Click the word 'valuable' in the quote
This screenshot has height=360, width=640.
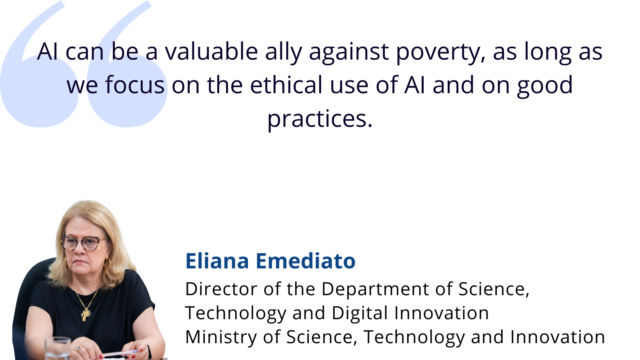point(212,52)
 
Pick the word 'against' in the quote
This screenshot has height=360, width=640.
point(349,53)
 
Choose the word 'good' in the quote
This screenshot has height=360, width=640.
point(545,86)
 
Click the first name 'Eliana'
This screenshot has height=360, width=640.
point(217,261)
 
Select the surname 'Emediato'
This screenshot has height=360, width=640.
point(306,261)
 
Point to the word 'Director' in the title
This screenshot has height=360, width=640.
point(221,289)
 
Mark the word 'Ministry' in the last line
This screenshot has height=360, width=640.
point(221,338)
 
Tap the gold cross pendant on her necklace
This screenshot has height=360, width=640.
point(85,315)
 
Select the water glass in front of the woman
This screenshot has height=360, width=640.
point(58,348)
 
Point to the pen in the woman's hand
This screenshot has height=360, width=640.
point(120,354)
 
